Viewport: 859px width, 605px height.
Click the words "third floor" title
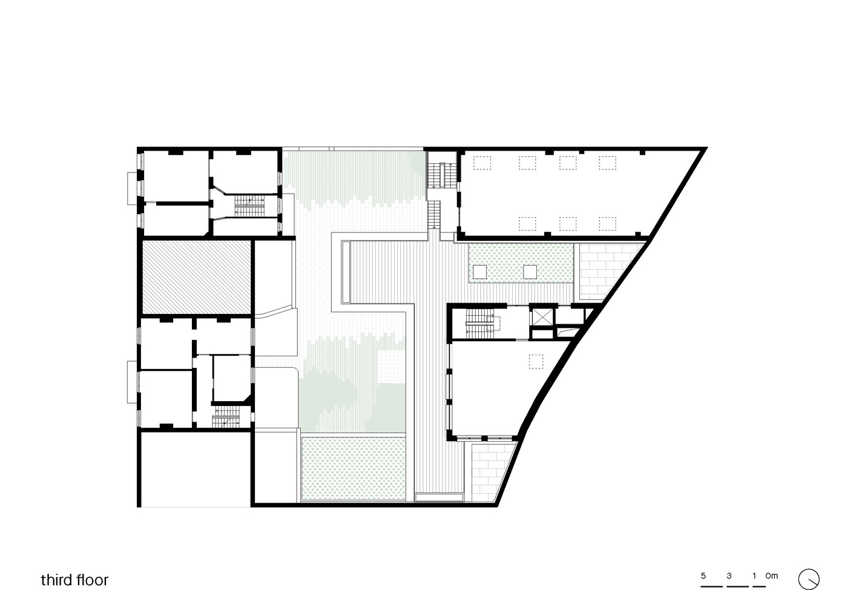tap(74, 580)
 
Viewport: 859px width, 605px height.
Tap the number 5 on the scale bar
tap(703, 575)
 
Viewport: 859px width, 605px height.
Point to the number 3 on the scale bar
tap(729, 575)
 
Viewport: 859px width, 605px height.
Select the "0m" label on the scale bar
tap(772, 575)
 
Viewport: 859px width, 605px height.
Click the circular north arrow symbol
tap(809, 580)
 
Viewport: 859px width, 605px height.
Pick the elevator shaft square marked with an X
tap(543, 317)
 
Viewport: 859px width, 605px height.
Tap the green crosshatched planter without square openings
tap(353, 469)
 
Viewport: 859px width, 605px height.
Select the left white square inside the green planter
tap(479, 272)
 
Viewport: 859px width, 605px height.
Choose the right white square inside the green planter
tap(530, 272)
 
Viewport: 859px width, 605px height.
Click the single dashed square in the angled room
tap(536, 361)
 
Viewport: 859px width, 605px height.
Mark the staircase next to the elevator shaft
tap(483, 324)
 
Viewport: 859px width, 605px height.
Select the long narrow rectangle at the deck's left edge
tap(346, 272)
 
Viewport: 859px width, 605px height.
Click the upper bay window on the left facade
tap(131, 188)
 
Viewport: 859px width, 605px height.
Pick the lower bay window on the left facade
tap(131, 382)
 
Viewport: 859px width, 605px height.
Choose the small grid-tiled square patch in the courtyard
tap(391, 366)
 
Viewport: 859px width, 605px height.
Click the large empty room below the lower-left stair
tap(196, 469)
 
